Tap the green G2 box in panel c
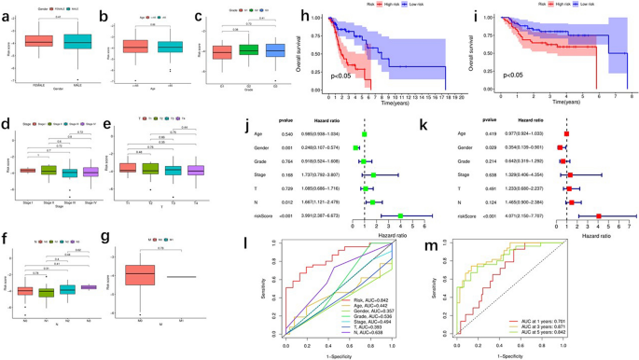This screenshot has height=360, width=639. [x=250, y=48]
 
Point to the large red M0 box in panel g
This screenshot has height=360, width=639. [x=141, y=276]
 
